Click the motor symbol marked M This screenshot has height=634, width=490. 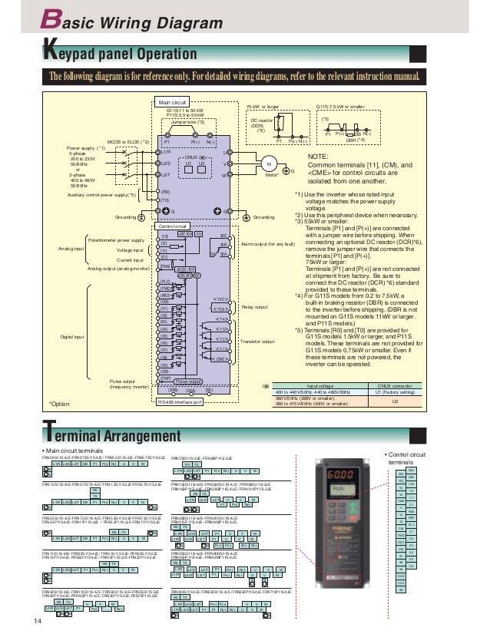pos(269,165)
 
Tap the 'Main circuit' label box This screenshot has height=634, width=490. pos(172,102)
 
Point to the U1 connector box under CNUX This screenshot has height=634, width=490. pos(187,163)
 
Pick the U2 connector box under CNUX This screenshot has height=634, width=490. pos(202,163)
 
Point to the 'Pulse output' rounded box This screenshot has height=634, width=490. pos(188,381)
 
